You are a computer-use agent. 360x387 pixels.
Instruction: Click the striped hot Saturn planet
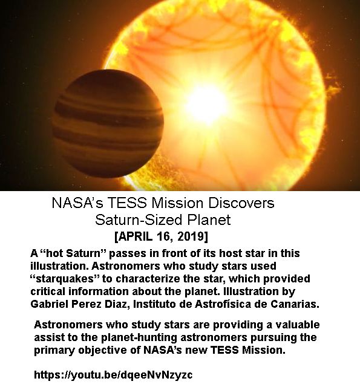click(108, 123)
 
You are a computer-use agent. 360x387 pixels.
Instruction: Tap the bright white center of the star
click(206, 103)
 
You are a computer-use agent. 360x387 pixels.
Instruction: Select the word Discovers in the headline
click(241, 203)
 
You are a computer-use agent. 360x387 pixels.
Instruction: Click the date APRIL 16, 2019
click(162, 236)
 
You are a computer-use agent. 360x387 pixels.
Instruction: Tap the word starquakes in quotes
click(66, 279)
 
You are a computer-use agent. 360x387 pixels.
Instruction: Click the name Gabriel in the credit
click(49, 304)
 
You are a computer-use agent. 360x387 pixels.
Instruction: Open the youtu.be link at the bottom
click(113, 374)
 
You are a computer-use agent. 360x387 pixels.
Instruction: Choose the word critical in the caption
click(48, 291)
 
